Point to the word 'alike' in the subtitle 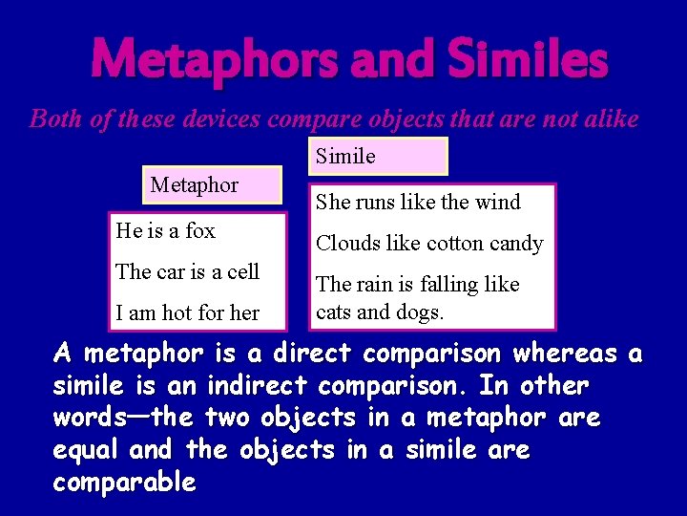612,118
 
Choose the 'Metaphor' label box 213,184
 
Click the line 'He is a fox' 165,230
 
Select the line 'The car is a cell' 187,271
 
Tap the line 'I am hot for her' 187,312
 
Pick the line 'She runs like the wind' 418,202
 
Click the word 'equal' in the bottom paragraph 86,450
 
